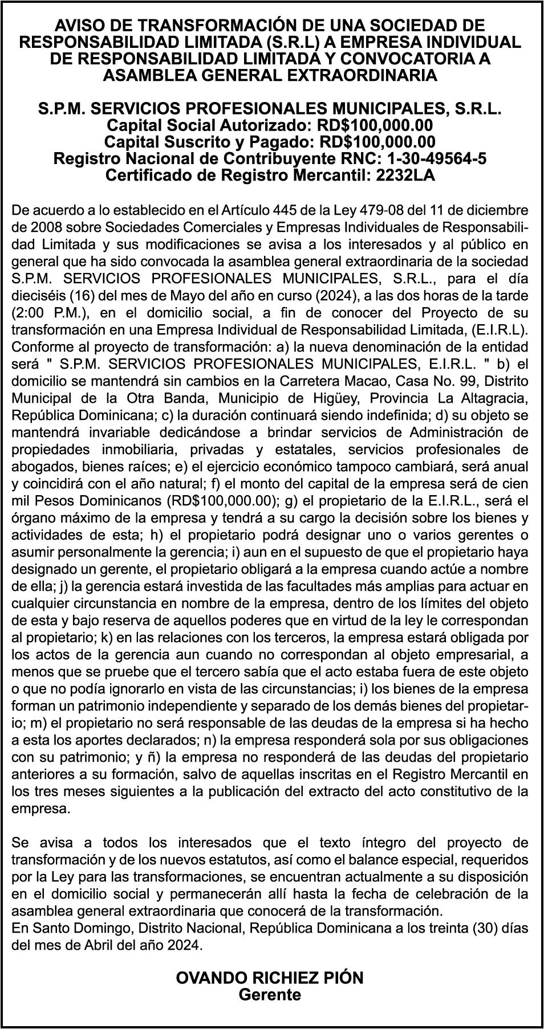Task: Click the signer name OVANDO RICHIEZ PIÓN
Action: click(x=270, y=978)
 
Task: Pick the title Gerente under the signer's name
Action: click(x=269, y=995)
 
